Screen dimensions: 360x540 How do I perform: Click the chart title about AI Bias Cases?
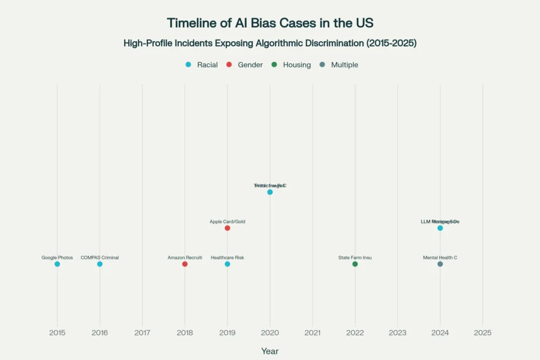pos(270,23)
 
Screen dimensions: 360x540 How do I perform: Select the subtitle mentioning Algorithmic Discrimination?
pos(270,43)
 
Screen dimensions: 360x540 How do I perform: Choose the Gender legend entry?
pos(245,65)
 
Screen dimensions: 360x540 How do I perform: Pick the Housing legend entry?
pos(291,65)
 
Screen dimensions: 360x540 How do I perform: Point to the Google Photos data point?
pos(57,264)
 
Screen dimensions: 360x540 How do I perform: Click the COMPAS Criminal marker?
pos(99,264)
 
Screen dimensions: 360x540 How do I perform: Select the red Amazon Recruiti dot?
pos(185,264)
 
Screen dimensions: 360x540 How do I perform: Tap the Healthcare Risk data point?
pos(227,264)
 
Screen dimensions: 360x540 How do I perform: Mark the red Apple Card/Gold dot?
pos(227,228)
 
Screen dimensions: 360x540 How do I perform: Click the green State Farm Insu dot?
pos(355,264)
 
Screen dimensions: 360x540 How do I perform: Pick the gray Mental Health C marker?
pos(440,264)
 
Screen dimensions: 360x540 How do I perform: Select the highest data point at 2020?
pos(270,192)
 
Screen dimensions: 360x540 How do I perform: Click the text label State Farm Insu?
pos(355,258)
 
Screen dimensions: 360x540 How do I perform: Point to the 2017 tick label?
pos(142,333)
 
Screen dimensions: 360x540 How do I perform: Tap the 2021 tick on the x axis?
pos(313,333)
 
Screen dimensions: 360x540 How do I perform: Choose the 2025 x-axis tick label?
pos(482,333)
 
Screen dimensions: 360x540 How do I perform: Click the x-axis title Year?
pos(270,351)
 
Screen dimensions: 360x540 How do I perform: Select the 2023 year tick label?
pos(397,333)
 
